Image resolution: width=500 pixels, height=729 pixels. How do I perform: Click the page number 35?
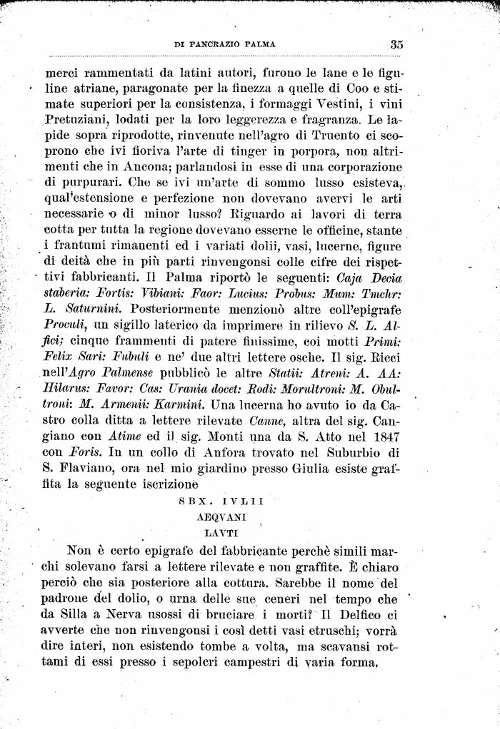[x=396, y=44]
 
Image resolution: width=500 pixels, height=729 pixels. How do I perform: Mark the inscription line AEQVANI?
[x=221, y=516]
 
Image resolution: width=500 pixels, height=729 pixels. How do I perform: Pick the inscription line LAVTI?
[x=221, y=531]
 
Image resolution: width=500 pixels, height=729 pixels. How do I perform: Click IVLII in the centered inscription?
[x=244, y=501]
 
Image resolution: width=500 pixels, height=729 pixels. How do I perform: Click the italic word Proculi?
[x=67, y=325]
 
